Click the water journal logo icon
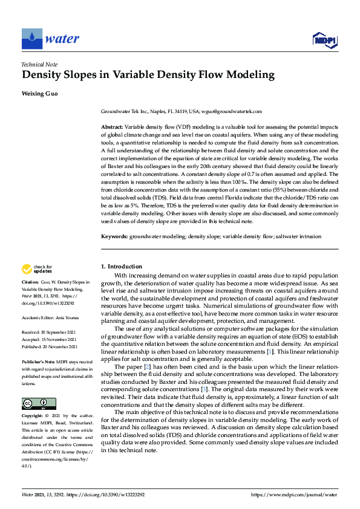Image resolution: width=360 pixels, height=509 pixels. (x=31, y=39)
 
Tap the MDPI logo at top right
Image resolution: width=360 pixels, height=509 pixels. (x=324, y=39)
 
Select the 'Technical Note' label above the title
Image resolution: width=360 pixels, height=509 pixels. (x=39, y=64)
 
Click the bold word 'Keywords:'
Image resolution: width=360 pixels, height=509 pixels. (x=114, y=236)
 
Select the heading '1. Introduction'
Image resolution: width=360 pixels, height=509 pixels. (x=122, y=267)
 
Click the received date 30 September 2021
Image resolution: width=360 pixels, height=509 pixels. (x=62, y=331)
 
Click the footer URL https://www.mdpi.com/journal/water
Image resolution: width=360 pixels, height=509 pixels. (x=293, y=494)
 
